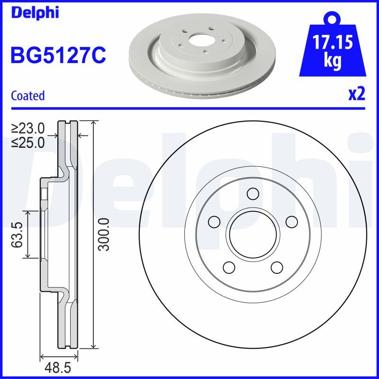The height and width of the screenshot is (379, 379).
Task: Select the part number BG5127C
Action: click(58, 55)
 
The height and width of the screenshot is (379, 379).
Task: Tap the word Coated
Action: click(27, 96)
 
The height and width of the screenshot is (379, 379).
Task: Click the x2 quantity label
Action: click(357, 94)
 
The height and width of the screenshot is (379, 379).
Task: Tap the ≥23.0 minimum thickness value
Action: click(28, 128)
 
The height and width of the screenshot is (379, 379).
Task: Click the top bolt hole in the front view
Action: click(253, 193)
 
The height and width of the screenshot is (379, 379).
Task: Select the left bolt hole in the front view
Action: click(214, 221)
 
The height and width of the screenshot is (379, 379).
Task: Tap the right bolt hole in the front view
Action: click(291, 221)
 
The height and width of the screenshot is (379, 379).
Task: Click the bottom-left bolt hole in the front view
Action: click(229, 267)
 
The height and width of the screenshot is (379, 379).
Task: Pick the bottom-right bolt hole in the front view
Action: click(277, 267)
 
